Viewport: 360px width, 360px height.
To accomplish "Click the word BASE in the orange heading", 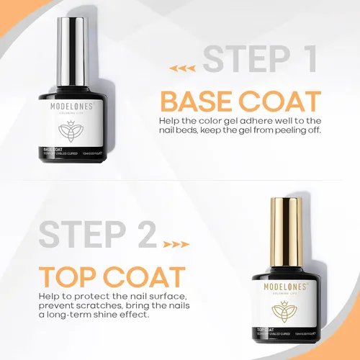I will [198, 101].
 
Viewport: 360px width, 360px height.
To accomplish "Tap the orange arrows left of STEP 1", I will [186, 69].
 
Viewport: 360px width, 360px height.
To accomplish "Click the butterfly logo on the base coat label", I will [71, 132].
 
